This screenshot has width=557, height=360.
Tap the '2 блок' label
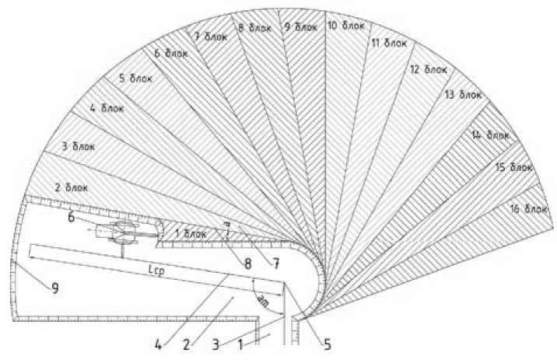pyautogui.click(x=71, y=187)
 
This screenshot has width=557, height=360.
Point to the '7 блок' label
pyautogui.click(x=207, y=36)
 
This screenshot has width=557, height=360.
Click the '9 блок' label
pyautogui.click(x=301, y=27)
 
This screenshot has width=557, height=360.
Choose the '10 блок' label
pyautogui.click(x=345, y=26)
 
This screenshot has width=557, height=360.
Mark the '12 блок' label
pyautogui.click(x=429, y=69)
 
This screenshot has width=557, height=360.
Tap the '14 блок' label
pyautogui.click(x=489, y=135)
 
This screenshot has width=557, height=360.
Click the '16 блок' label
pyautogui.click(x=528, y=208)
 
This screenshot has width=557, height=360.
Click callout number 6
pyautogui.click(x=72, y=218)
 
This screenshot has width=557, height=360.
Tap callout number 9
pyautogui.click(x=56, y=288)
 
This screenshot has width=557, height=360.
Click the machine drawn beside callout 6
pyautogui.click(x=123, y=232)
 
